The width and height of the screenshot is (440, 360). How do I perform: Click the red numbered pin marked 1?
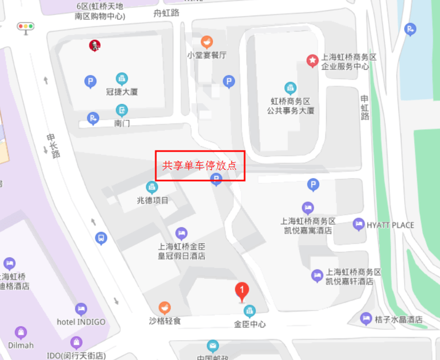coord(242,291)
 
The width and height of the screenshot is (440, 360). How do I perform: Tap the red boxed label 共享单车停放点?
coord(200,166)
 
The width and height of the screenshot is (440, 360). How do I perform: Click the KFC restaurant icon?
coord(95,46)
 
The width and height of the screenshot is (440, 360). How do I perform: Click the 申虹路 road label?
coord(365,108)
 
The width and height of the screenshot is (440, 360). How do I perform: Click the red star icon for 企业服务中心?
coord(312,61)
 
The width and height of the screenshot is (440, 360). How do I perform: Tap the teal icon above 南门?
coord(122,111)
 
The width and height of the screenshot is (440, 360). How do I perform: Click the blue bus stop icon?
coord(101,237)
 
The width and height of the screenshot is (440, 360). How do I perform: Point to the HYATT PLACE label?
coord(390,225)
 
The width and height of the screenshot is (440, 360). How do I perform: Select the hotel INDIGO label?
coord(81,322)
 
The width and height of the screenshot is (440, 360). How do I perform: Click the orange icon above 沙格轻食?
coord(165,308)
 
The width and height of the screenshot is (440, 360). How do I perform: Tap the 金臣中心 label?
coord(250,324)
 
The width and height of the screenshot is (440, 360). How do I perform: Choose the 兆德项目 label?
coord(153,200)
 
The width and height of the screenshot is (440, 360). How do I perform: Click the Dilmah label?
coord(21,345)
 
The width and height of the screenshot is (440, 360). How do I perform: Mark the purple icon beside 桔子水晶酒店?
coord(366,319)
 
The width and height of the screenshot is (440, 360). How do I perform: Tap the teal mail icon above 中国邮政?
coord(213,346)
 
